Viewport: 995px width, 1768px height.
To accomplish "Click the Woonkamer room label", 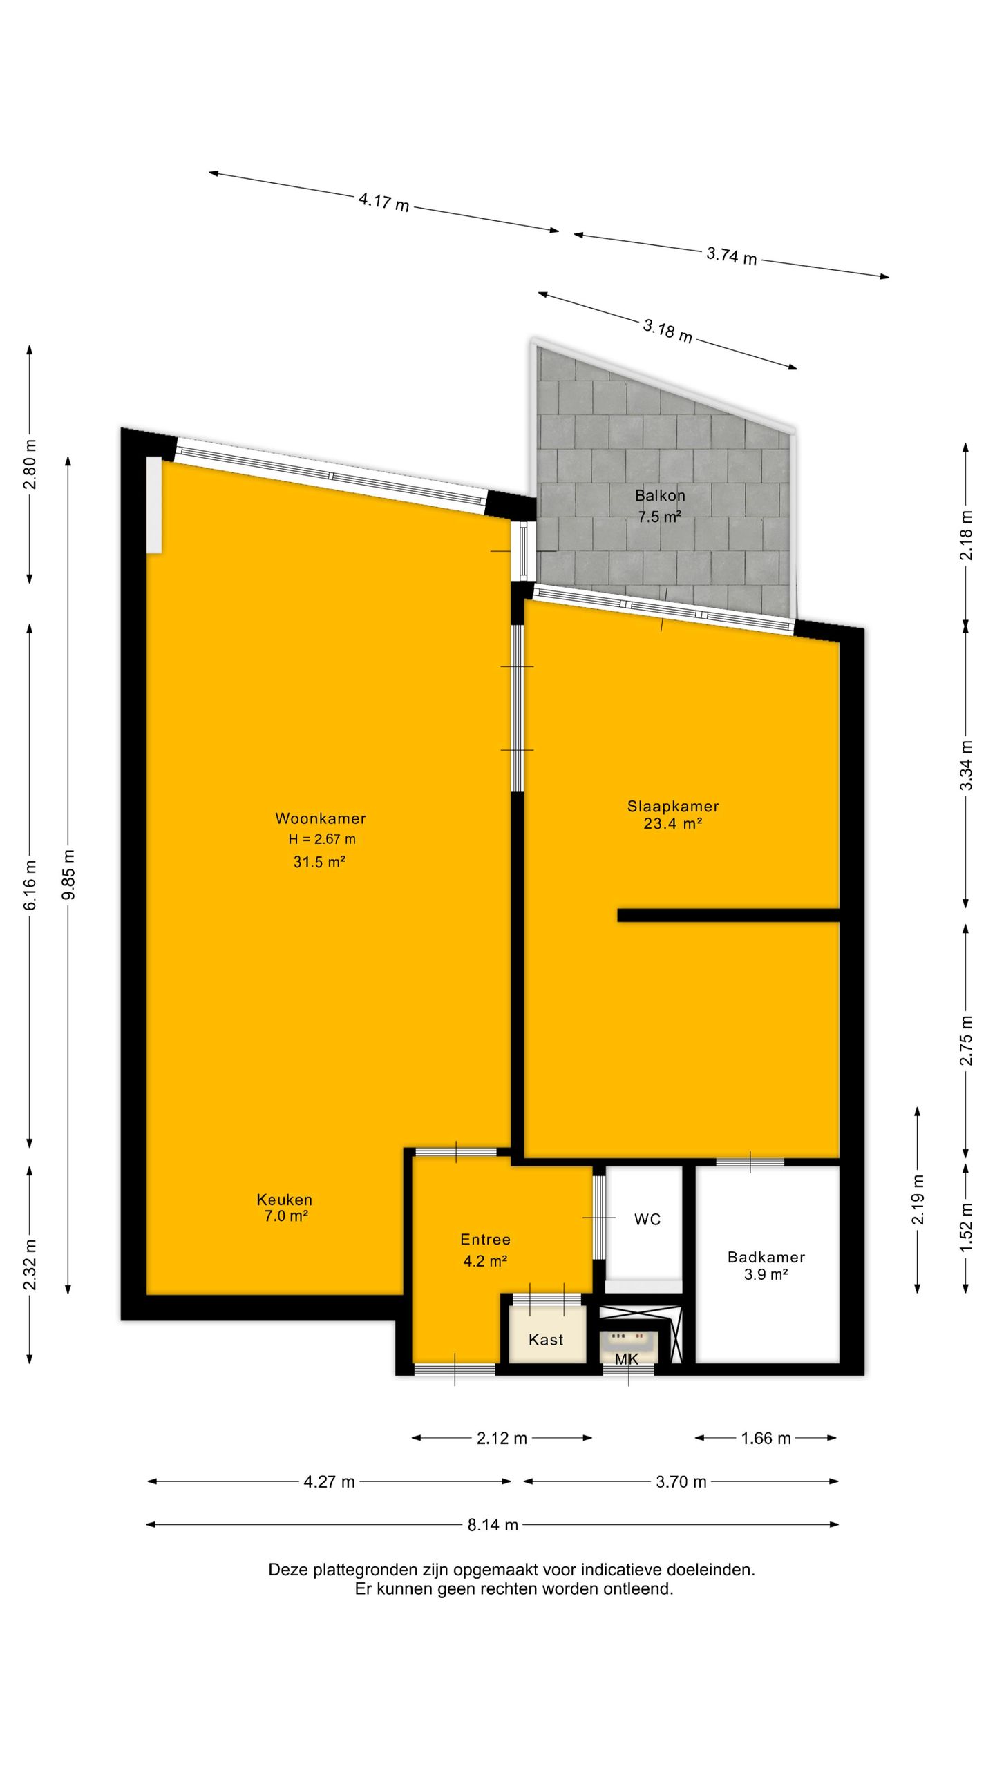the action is pyautogui.click(x=321, y=818).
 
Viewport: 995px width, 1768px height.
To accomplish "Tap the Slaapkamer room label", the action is pyautogui.click(x=673, y=806).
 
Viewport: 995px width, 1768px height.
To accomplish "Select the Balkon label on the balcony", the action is pyautogui.click(x=660, y=495).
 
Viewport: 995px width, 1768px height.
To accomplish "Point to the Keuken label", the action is pyautogui.click(x=284, y=1200).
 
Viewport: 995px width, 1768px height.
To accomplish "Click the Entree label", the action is pyautogui.click(x=485, y=1239).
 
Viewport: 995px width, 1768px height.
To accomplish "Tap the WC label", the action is pyautogui.click(x=647, y=1220).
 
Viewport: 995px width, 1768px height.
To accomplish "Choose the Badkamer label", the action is pyautogui.click(x=766, y=1257).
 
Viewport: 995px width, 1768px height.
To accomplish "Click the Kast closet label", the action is pyautogui.click(x=546, y=1340).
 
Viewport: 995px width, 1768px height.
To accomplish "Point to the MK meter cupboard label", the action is pyautogui.click(x=627, y=1358).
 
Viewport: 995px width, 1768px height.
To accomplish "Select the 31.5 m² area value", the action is pyautogui.click(x=319, y=862).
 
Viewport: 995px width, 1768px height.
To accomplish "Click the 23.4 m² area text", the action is pyautogui.click(x=673, y=823).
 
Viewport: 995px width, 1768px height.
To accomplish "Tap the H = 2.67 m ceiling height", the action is pyautogui.click(x=322, y=840).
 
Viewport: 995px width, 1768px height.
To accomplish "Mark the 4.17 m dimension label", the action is pyautogui.click(x=383, y=202).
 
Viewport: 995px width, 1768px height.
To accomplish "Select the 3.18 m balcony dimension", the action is pyautogui.click(x=667, y=331).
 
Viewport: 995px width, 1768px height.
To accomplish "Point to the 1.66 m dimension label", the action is pyautogui.click(x=766, y=1439).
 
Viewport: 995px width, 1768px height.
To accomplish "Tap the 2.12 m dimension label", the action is pyautogui.click(x=502, y=1439).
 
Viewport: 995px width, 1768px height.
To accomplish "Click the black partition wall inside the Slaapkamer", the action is pyautogui.click(x=728, y=915).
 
